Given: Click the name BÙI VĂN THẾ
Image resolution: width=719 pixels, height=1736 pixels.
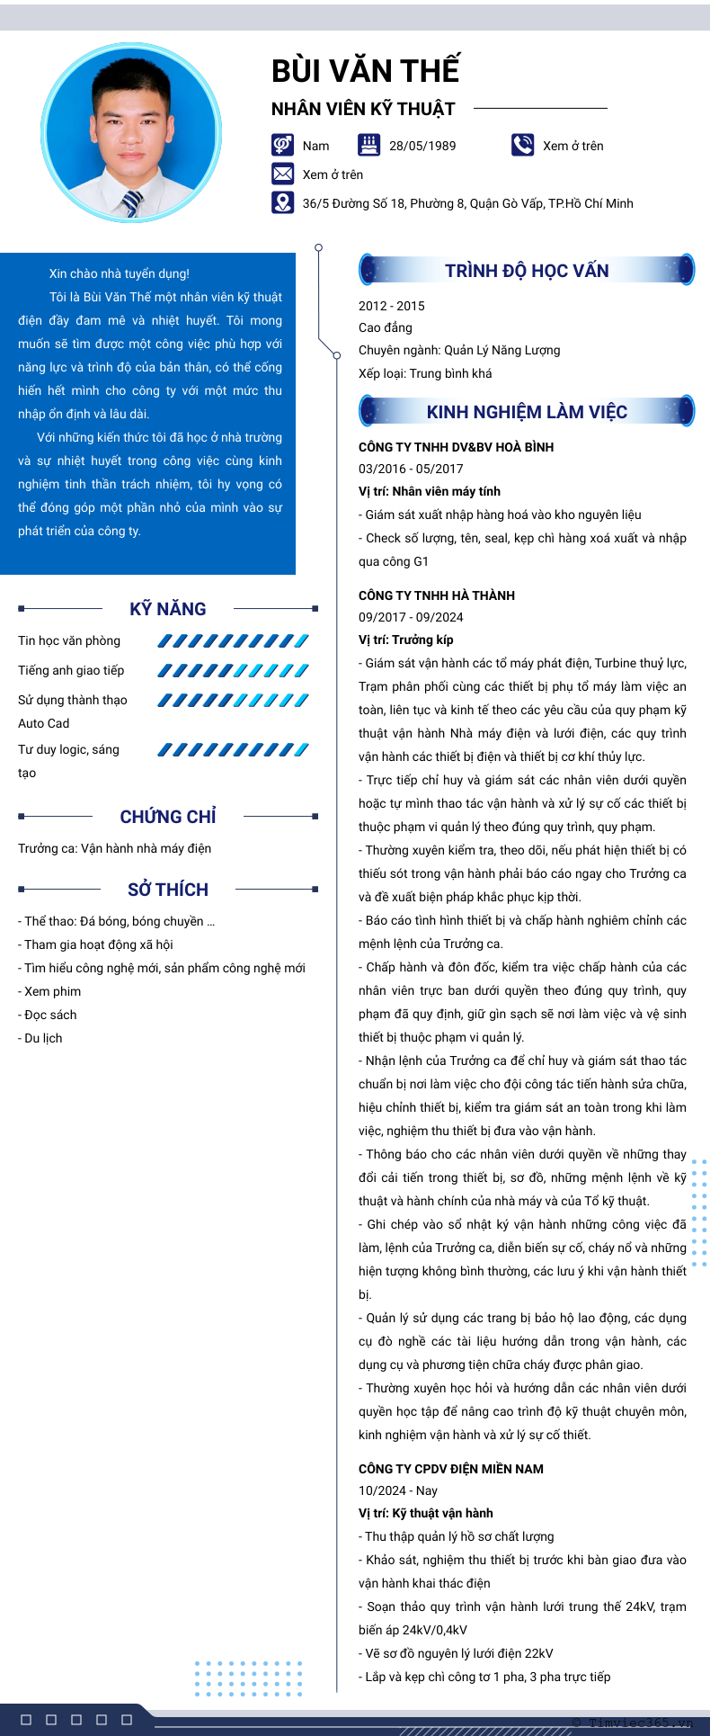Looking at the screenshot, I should (365, 71).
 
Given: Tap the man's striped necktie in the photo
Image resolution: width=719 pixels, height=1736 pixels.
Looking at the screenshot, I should (132, 204).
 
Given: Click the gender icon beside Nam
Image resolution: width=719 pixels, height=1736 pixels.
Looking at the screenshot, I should (282, 145).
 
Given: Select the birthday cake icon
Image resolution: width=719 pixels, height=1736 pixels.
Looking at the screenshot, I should (368, 145).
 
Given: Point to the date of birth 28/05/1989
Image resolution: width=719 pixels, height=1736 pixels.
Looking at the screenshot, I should (422, 146).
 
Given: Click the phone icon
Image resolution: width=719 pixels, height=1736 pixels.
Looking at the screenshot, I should (522, 145).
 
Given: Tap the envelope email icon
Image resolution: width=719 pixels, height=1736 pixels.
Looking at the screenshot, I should (282, 174).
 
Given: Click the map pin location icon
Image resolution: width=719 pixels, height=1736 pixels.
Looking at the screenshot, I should (282, 202).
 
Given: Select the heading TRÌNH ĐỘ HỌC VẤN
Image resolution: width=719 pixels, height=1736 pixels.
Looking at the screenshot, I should (527, 271).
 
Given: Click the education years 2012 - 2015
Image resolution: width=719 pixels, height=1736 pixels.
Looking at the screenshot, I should (392, 306).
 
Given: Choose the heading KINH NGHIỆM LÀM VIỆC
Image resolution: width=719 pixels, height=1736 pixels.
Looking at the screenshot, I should (527, 412).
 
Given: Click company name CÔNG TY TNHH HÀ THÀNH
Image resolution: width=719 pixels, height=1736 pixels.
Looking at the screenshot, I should (437, 595).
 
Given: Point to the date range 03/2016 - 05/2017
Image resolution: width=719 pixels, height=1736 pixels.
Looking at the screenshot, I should (411, 469).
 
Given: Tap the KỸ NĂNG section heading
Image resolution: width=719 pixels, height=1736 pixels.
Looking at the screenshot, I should (168, 609).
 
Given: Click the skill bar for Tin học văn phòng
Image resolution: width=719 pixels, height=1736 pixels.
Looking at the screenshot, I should (233, 641).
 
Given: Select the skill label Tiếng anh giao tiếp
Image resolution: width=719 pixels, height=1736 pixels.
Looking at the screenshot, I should (71, 670).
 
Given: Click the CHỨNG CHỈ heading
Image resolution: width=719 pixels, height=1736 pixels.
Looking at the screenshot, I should (168, 817).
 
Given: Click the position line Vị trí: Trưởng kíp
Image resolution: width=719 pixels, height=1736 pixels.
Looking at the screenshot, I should (406, 640).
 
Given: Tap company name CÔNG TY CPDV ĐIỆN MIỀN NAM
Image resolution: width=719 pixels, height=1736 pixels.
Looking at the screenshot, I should (451, 1469).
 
